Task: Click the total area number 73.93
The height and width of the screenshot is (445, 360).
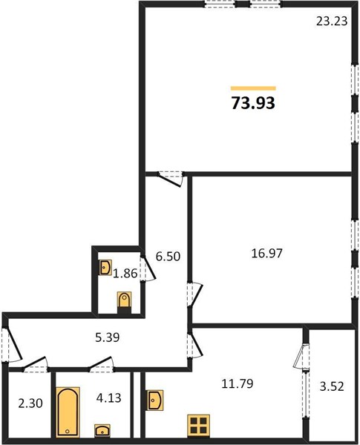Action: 254,103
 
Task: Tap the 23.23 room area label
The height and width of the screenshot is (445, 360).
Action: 332,22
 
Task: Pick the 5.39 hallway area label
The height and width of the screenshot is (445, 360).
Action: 109,337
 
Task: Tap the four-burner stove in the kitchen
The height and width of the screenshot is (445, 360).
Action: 198,426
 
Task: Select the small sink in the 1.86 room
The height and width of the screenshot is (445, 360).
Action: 105,266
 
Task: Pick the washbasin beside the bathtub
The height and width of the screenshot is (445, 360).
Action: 102,431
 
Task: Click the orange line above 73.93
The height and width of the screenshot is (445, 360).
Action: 253,88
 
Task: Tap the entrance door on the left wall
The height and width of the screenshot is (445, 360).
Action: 6,345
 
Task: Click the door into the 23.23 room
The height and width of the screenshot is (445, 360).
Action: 171,179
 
